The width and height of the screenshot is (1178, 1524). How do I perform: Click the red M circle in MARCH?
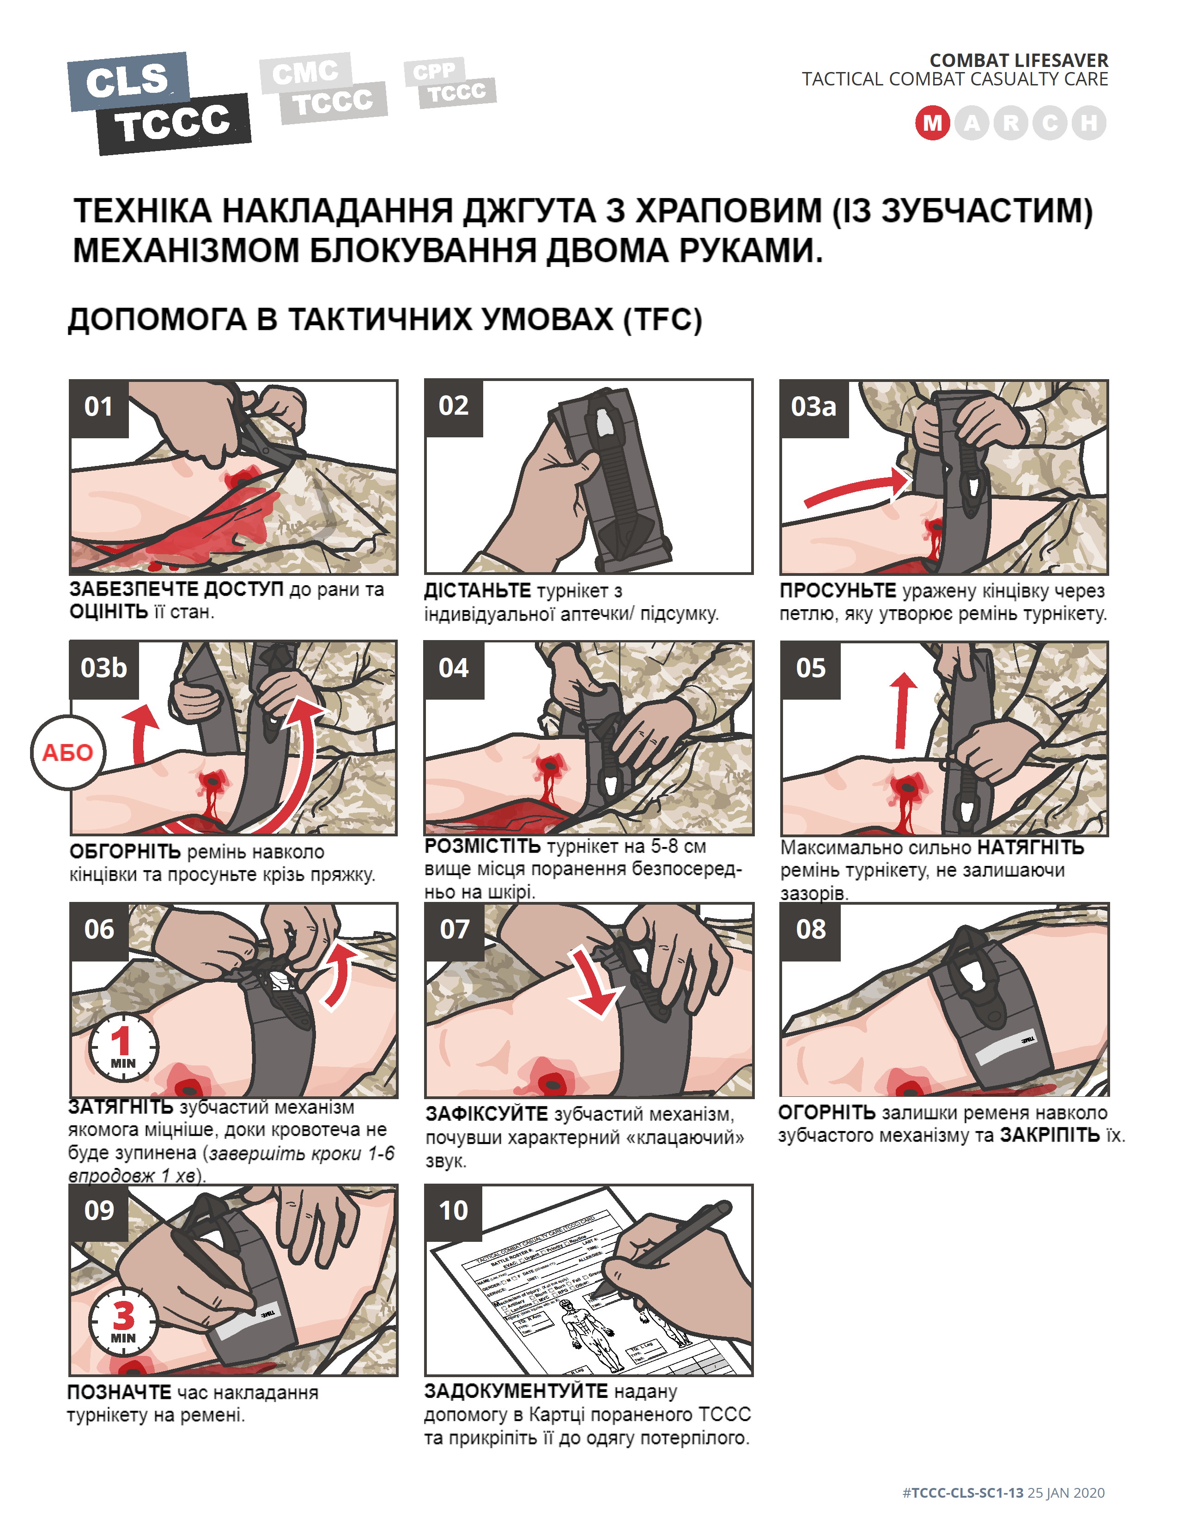click(x=932, y=123)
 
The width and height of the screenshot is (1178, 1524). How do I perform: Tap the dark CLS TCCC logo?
click(x=159, y=103)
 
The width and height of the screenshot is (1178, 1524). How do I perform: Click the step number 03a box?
click(x=814, y=407)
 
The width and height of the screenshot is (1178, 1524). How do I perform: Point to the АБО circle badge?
click(x=68, y=752)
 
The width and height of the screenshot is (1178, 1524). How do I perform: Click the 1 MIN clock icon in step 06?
click(x=123, y=1046)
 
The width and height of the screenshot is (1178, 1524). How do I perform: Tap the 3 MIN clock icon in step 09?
click(x=123, y=1321)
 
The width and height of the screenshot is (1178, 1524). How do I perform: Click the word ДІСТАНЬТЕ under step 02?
click(x=477, y=591)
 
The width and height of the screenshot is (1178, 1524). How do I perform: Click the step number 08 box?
click(x=810, y=930)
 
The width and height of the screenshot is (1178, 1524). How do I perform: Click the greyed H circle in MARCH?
click(x=1089, y=123)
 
